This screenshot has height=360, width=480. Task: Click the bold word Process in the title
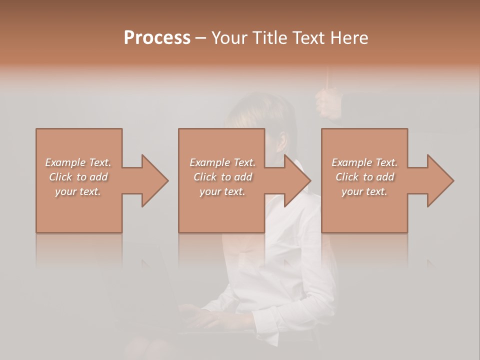[x=157, y=38]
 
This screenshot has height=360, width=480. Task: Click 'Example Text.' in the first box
[x=78, y=162]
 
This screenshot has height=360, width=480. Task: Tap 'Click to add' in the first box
[x=78, y=177]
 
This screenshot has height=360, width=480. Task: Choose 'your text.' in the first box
[x=78, y=191]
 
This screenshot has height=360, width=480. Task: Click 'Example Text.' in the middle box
[x=222, y=162]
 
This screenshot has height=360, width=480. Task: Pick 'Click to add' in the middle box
[x=222, y=177]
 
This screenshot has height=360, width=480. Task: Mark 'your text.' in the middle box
[x=222, y=191]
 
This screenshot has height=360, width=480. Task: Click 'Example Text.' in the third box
[x=364, y=162]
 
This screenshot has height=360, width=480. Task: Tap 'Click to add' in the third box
[x=364, y=177]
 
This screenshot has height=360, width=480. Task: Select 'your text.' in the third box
[x=364, y=191]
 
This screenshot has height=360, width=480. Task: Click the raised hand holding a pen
[x=328, y=102]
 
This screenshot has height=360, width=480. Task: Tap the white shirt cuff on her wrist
[x=265, y=312]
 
